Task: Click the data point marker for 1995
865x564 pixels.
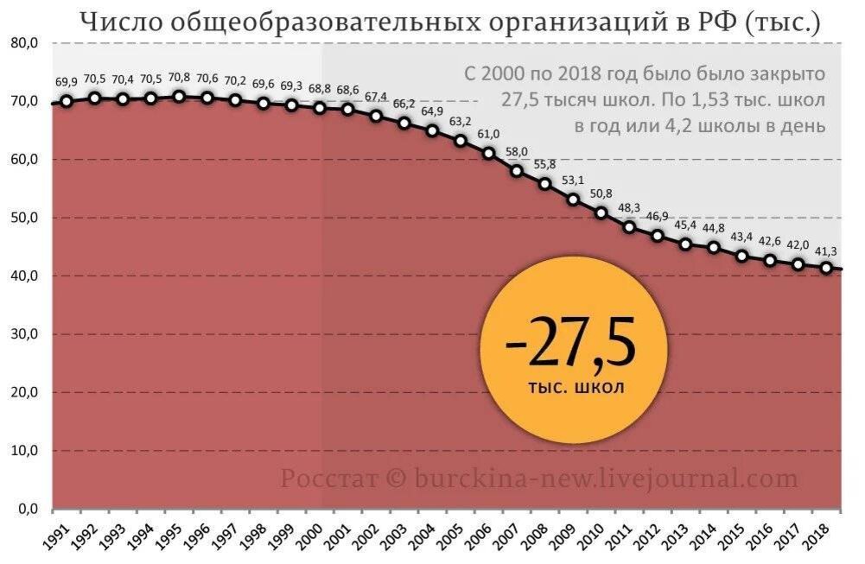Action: pos(179,97)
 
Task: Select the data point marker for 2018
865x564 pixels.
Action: pos(826,268)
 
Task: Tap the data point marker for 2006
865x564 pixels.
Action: pos(488,153)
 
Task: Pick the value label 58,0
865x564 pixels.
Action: pos(517,152)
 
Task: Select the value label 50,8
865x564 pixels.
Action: pos(601,193)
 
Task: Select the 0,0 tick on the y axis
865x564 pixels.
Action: pos(27,510)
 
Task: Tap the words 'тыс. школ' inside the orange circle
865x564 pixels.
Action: pos(576,388)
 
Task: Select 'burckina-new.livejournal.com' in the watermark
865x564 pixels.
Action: pos(605,478)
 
